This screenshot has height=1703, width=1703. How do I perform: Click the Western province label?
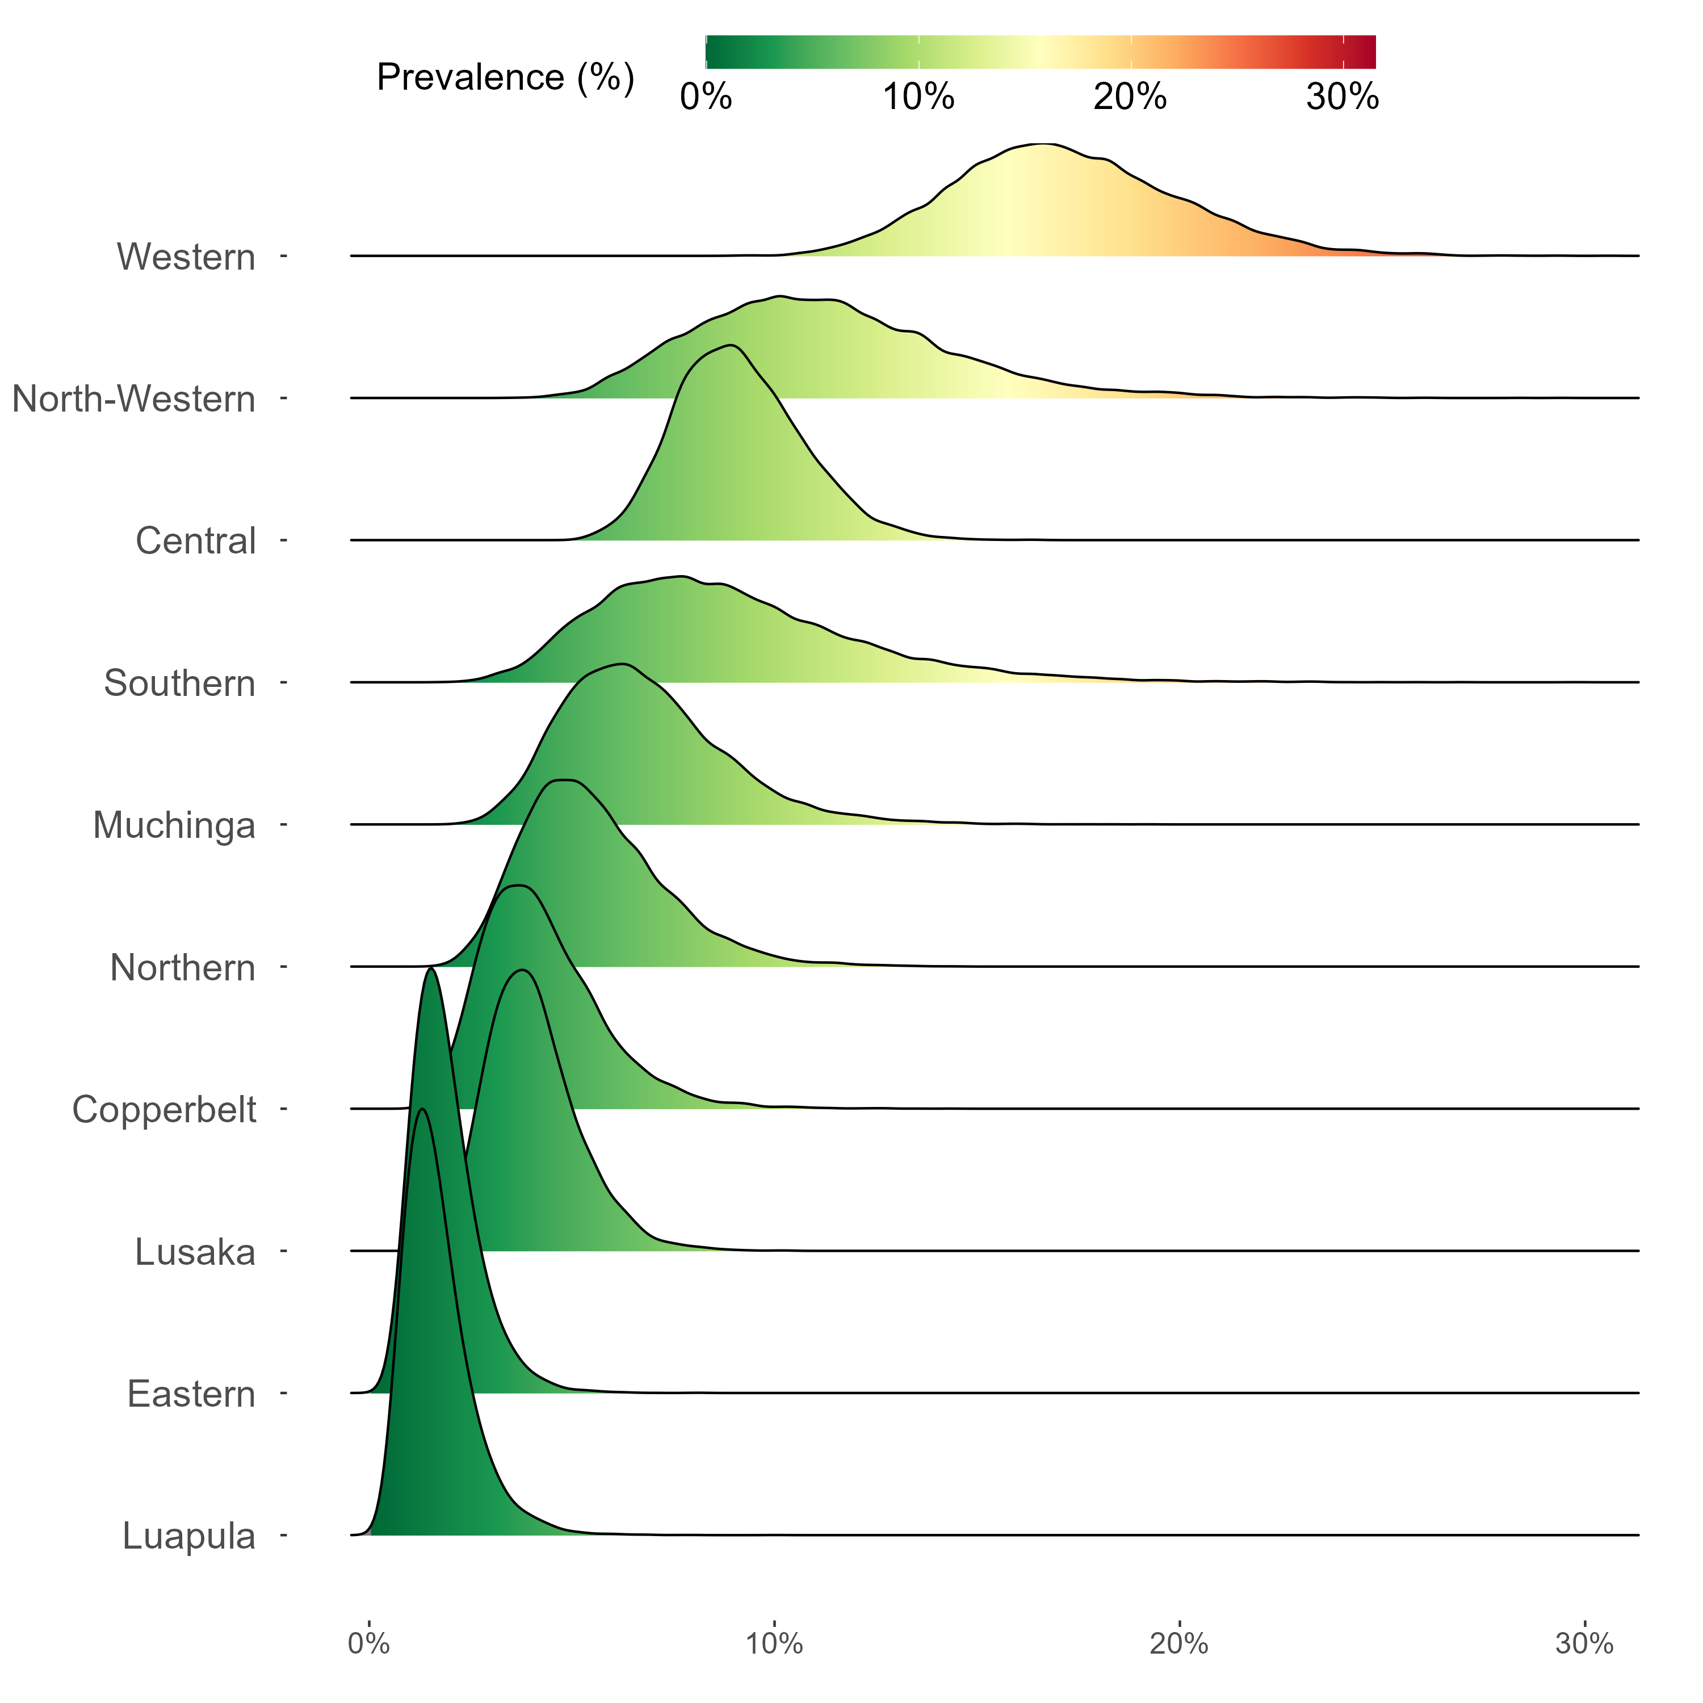[x=186, y=257]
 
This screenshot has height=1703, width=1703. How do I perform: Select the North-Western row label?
[x=134, y=399]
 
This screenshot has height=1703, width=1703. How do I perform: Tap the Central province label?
[x=196, y=541]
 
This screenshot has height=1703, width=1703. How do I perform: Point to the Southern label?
[x=180, y=683]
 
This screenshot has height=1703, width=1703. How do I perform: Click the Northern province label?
[x=182, y=968]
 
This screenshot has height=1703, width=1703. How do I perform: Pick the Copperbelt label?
[x=165, y=1110]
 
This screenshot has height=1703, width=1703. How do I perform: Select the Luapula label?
[x=188, y=1537]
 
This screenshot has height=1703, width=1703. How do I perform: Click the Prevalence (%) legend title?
[x=505, y=78]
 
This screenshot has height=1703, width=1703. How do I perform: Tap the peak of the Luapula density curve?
[x=423, y=1109]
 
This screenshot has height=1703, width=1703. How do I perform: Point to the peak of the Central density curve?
[x=730, y=345]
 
